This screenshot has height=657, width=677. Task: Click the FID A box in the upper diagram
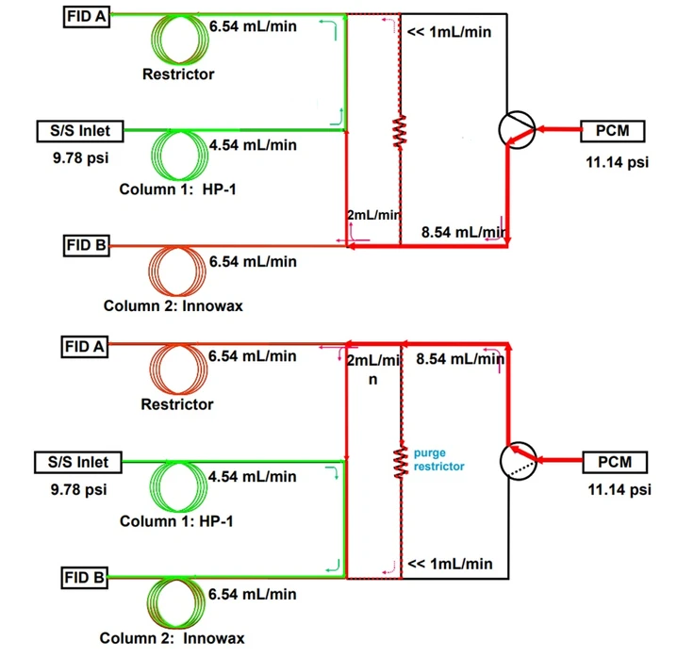[85, 16]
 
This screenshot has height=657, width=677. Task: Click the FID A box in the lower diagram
[85, 346]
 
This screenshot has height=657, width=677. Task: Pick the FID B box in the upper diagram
[85, 246]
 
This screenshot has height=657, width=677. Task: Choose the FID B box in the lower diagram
[85, 577]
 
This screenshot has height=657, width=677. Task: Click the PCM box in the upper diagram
[614, 130]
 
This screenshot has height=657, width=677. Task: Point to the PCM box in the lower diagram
[614, 463]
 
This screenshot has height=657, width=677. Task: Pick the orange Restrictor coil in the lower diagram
[178, 370]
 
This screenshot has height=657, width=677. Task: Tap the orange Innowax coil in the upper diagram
[178, 271]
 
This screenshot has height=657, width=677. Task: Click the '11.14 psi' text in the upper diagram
[617, 162]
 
